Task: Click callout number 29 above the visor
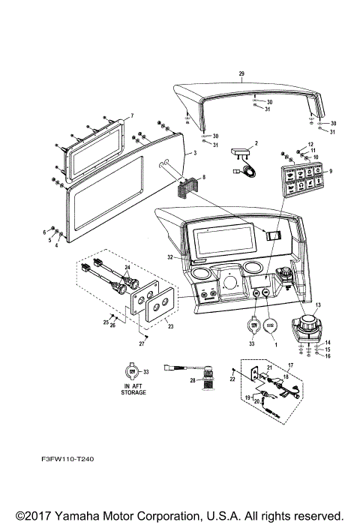coord(241,73)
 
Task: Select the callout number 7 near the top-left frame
coord(131,116)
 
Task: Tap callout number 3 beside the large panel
coord(193,152)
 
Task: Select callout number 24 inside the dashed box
coord(127,268)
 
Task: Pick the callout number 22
coord(233,381)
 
